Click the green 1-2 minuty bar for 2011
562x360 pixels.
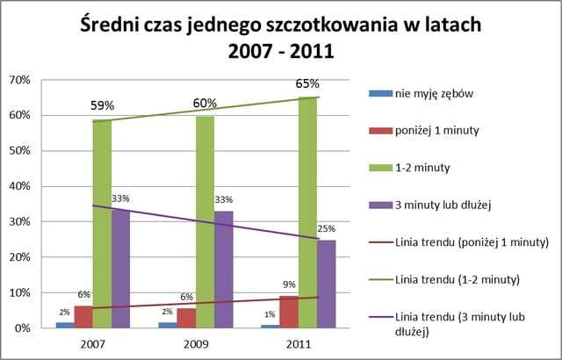pyautogui.click(x=306, y=211)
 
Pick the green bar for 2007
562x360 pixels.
pyautogui.click(x=102, y=224)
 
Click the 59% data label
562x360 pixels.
pyautogui.click(x=103, y=105)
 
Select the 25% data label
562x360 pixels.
pyautogui.click(x=327, y=229)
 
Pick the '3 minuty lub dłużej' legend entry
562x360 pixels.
pyautogui.click(x=446, y=204)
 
